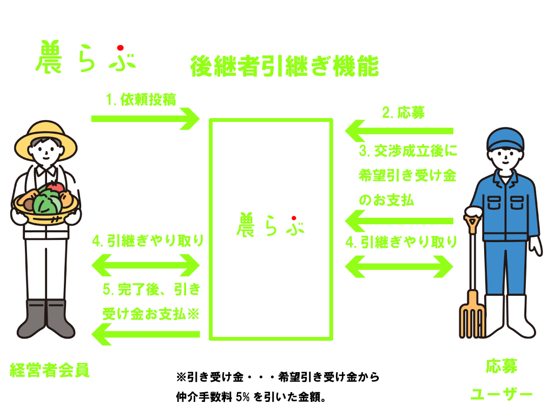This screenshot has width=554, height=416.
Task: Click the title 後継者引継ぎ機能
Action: tap(285, 67)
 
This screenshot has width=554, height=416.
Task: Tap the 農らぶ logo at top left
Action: tap(85, 58)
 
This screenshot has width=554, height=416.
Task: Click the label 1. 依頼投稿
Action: tap(141, 100)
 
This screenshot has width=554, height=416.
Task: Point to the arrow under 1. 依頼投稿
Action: tap(146, 119)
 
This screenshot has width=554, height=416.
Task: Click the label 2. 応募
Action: tap(403, 113)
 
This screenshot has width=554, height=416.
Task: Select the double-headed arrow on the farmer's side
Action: tap(146, 265)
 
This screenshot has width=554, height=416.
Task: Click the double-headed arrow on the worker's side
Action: tap(399, 265)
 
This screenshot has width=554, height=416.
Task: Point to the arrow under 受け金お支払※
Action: tap(146, 334)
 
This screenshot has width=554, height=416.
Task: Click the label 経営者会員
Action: tap(50, 370)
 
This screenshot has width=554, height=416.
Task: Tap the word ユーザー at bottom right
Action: tap(501, 394)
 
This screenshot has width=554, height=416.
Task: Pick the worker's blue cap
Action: tap(505, 139)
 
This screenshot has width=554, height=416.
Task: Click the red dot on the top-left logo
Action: tap(120, 48)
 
